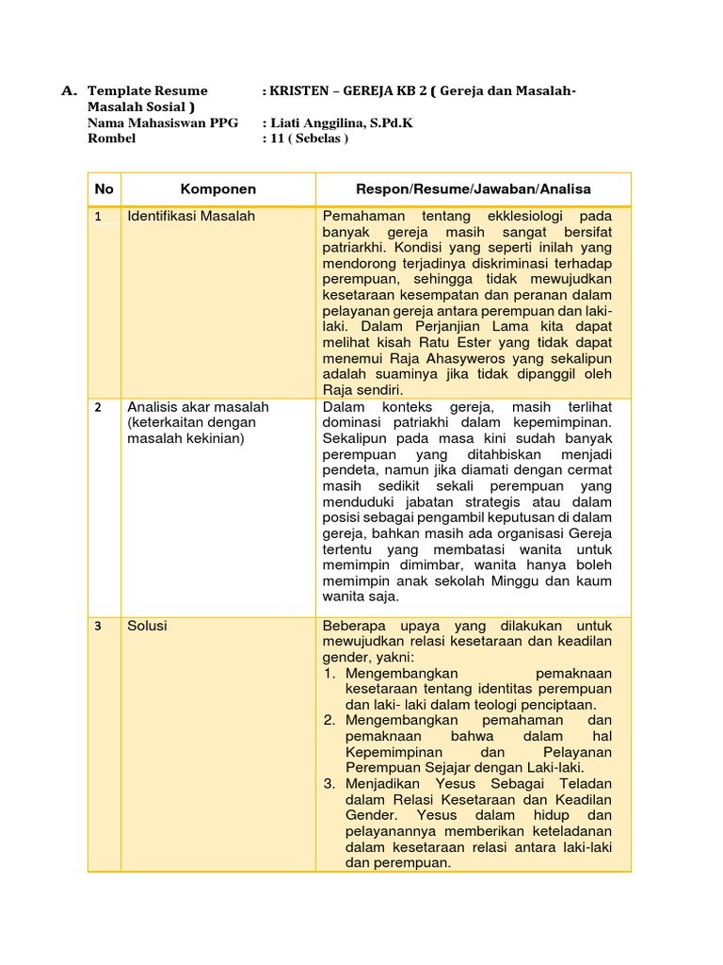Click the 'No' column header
104,188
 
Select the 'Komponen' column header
217,188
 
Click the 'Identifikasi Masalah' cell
191,216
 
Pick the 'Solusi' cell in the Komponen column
147,625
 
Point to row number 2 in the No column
98,407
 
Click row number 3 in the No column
98,626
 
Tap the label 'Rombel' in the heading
111,139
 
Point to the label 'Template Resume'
147,90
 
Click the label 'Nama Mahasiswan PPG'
162,123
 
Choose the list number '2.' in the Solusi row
330,720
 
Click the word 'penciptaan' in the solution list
556,704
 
